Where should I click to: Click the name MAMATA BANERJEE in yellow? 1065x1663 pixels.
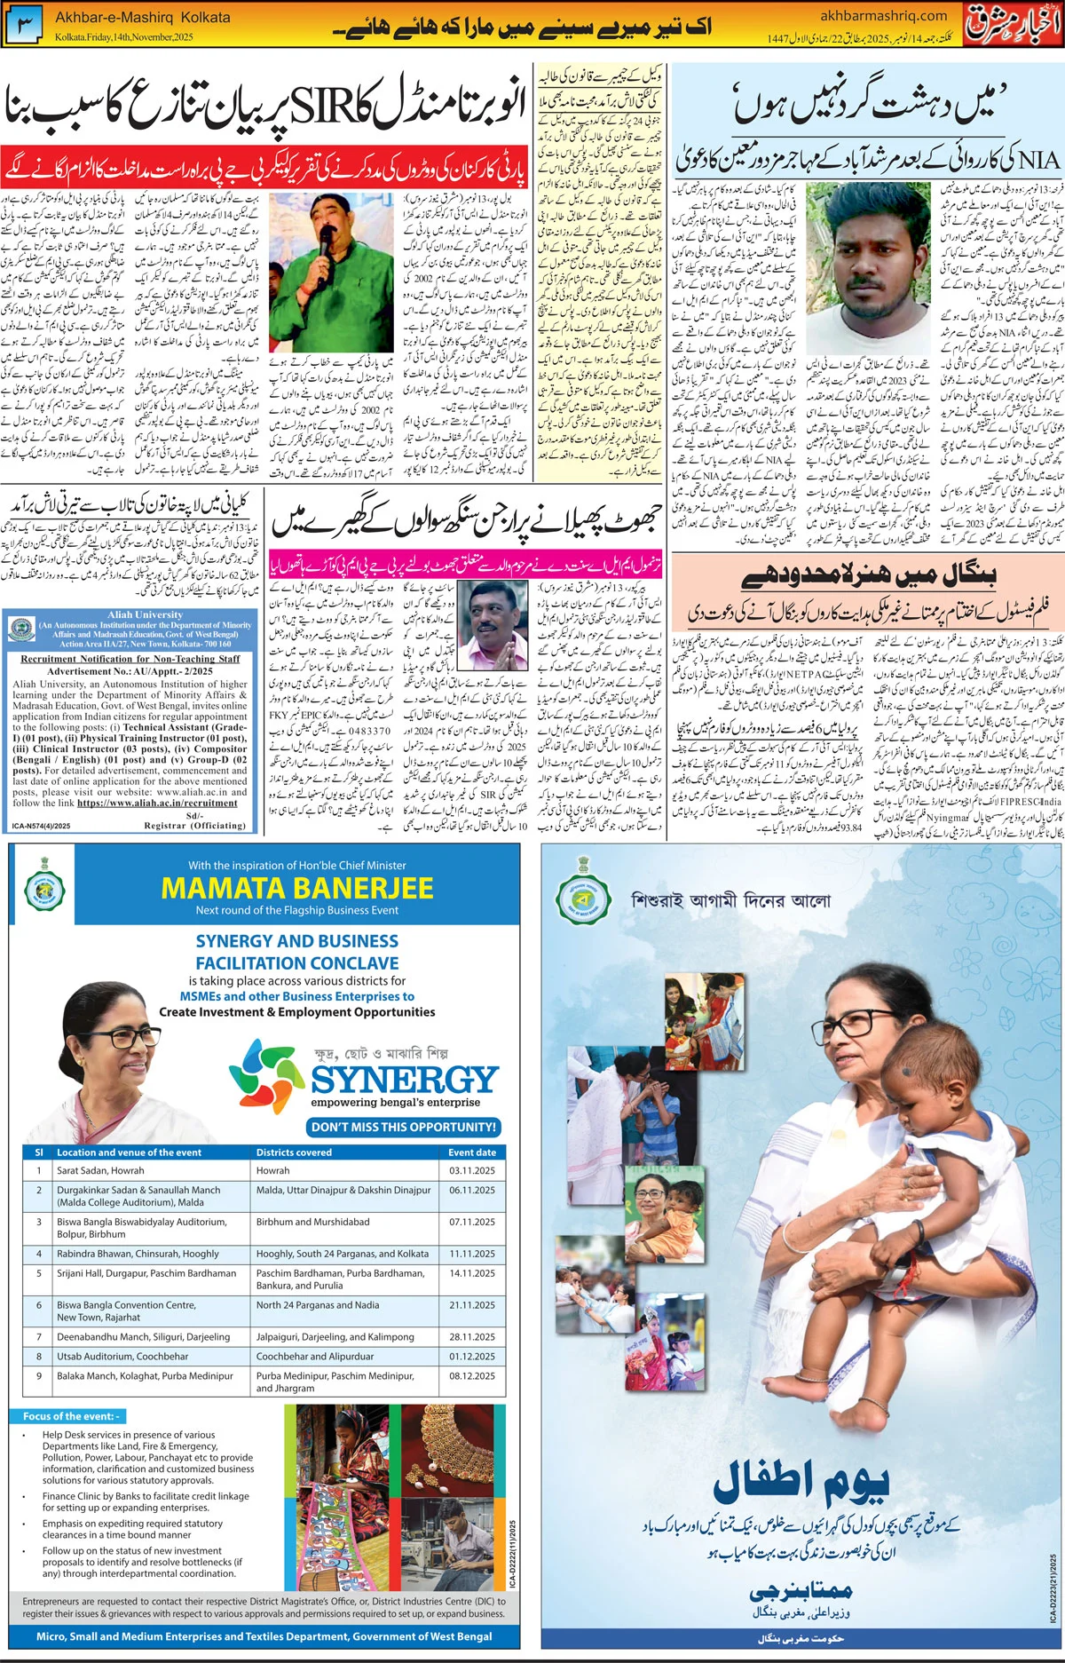point(297,888)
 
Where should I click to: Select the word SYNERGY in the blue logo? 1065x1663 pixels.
point(404,1079)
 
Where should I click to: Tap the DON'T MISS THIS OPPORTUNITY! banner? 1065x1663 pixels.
point(404,1127)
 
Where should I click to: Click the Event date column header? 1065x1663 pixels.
point(471,1152)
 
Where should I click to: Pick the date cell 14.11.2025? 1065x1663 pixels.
point(471,1273)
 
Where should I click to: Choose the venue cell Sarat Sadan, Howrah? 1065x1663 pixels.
point(100,1171)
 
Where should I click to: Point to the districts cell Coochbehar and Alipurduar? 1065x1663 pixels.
point(315,1357)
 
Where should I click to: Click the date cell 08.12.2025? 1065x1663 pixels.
point(471,1376)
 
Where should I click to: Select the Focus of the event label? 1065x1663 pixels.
point(71,1416)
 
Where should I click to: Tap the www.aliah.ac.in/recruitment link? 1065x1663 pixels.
point(157,803)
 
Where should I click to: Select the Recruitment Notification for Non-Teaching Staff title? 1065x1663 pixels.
point(130,659)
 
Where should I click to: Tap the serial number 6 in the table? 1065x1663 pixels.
point(39,1305)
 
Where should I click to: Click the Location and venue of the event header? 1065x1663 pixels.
point(129,1152)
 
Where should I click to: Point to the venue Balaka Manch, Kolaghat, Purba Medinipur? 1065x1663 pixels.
point(145,1376)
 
